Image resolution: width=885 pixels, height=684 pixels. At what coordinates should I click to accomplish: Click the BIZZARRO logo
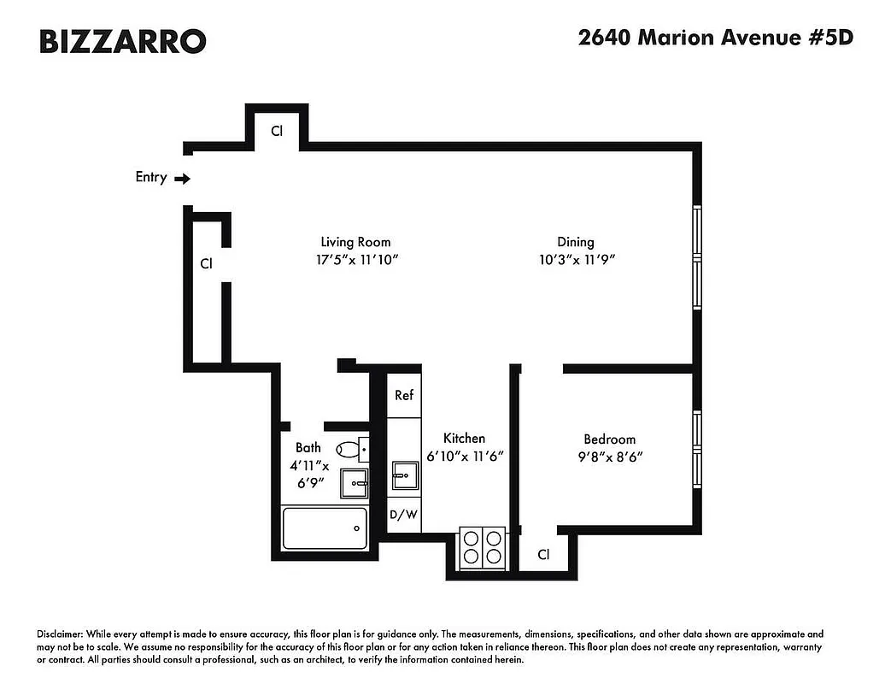[122, 41]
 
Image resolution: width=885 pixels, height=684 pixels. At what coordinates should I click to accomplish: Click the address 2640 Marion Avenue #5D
[716, 38]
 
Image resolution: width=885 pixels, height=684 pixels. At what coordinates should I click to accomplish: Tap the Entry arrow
[182, 179]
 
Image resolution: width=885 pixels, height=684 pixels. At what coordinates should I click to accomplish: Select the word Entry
[151, 178]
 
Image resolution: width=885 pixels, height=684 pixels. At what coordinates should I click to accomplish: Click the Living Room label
[355, 242]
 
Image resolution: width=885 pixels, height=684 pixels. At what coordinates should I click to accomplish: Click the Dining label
[575, 242]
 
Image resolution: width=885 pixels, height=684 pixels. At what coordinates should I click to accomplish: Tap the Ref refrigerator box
[404, 395]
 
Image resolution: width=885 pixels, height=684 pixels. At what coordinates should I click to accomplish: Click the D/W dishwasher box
[404, 515]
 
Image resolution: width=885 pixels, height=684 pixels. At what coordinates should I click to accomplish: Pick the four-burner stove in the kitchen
[483, 547]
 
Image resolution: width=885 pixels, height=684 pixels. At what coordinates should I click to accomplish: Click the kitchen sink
[405, 475]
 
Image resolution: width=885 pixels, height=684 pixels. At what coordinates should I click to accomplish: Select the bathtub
[325, 528]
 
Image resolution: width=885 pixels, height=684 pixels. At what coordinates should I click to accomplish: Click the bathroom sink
[355, 483]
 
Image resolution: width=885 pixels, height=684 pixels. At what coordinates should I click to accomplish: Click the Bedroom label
[609, 439]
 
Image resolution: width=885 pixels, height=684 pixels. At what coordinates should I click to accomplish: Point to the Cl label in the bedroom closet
[543, 554]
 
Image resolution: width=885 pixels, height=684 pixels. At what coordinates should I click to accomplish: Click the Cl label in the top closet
[277, 131]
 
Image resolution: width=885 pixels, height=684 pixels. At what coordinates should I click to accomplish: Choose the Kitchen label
[464, 438]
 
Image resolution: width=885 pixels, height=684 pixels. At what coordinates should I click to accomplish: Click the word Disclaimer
[60, 634]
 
